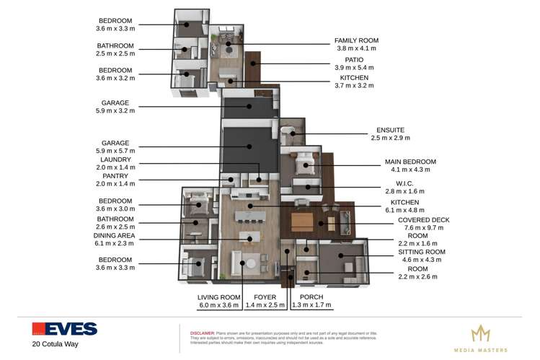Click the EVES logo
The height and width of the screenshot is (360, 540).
click(x=64, y=329)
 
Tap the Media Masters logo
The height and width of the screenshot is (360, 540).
click(x=480, y=338)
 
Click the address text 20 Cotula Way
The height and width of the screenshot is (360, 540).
click(x=55, y=344)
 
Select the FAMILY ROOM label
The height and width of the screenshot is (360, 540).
click(x=356, y=40)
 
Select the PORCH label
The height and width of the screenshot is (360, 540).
click(x=311, y=297)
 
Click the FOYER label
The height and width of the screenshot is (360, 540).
click(x=265, y=297)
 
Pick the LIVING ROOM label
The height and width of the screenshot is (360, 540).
click(x=218, y=297)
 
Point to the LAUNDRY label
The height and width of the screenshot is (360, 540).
click(x=114, y=160)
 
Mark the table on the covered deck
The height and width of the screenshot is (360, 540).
click(x=303, y=220)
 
